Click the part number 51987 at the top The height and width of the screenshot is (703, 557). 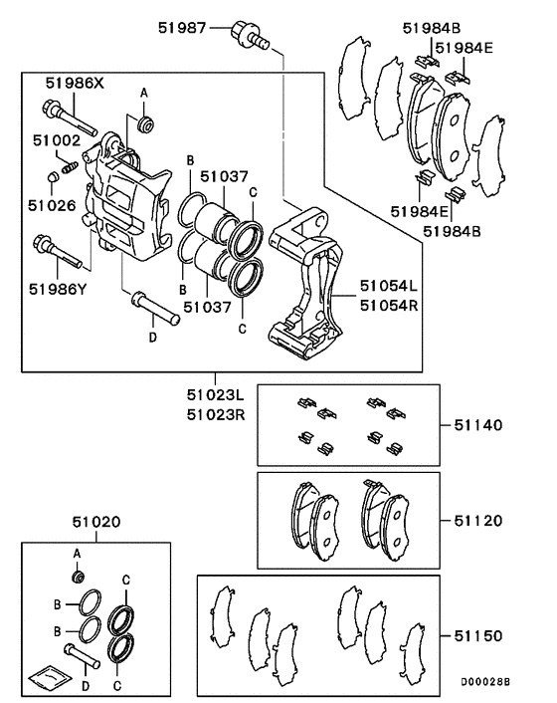coord(182,28)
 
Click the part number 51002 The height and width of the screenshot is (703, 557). coord(55,141)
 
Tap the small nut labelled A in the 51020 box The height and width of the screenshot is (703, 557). coord(78,576)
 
